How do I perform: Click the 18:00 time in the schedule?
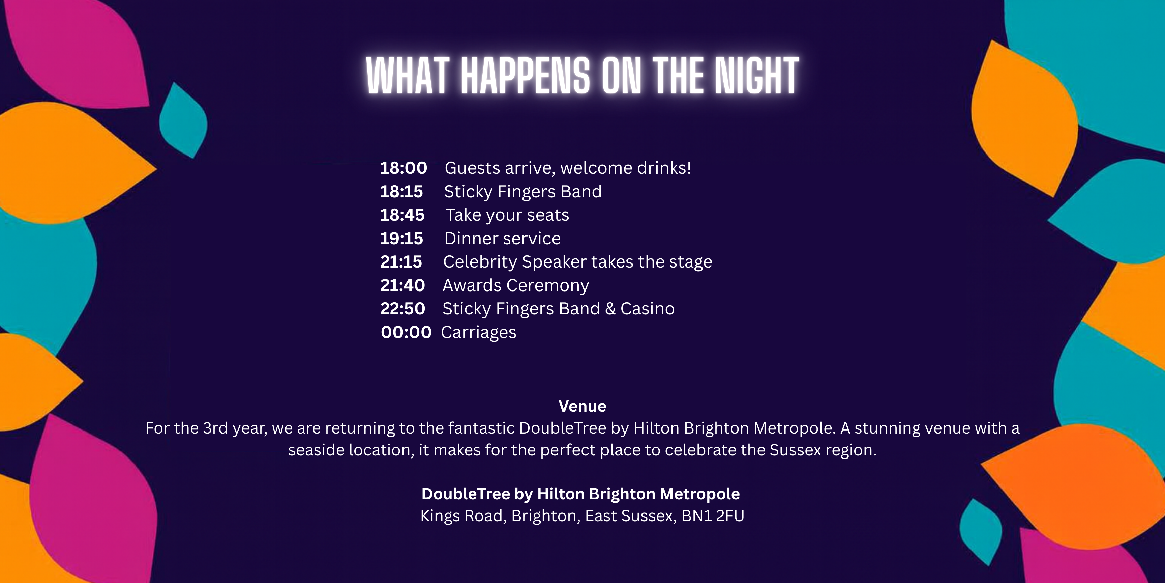pyautogui.click(x=404, y=168)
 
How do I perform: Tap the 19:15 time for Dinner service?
pyautogui.click(x=401, y=239)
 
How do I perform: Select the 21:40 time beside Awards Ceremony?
pyautogui.click(x=402, y=285)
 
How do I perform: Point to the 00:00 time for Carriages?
pyautogui.click(x=406, y=332)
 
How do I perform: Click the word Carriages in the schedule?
pyautogui.click(x=478, y=333)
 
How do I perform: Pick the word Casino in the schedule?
pyautogui.click(x=647, y=309)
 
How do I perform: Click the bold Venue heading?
pyautogui.click(x=582, y=406)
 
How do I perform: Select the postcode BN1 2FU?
pyautogui.click(x=713, y=516)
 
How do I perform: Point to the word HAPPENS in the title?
pyautogui.click(x=526, y=76)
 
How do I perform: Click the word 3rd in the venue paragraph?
pyautogui.click(x=215, y=428)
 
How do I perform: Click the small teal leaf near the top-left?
pyautogui.click(x=183, y=120)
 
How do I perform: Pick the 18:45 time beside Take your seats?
pyautogui.click(x=402, y=215)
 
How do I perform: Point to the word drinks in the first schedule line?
pyautogui.click(x=664, y=168)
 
